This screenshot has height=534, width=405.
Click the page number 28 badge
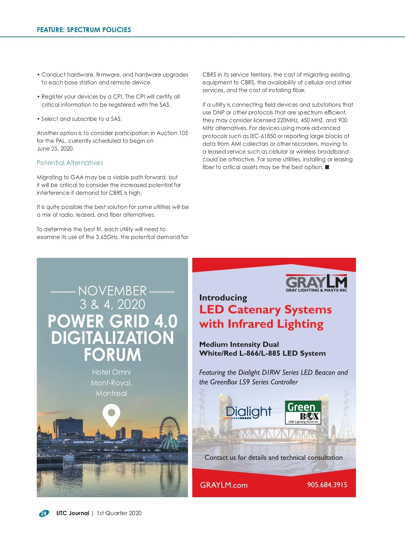pos(44,513)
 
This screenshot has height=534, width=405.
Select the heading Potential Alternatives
pos(70,163)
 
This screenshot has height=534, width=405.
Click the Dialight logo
pos(249,412)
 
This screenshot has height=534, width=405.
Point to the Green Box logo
pos(302,412)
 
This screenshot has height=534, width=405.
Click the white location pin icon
pos(111,415)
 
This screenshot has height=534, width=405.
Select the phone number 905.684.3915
pos(327,485)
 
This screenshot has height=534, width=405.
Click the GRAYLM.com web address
pos(224,485)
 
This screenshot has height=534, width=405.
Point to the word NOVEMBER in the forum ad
pos(112,291)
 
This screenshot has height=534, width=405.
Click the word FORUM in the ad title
pos(112,355)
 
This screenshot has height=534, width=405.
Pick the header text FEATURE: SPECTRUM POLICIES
pos(84,30)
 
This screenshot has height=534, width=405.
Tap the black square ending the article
pos(327,167)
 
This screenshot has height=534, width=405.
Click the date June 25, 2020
pos(55,149)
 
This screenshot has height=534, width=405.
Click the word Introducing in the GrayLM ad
pos(223,298)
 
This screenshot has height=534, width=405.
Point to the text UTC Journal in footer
pos(73,513)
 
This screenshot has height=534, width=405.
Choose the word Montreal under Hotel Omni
pos(111,393)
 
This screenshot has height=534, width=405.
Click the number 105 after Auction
pos(183,133)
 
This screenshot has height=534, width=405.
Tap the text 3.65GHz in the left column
pos(107,237)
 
